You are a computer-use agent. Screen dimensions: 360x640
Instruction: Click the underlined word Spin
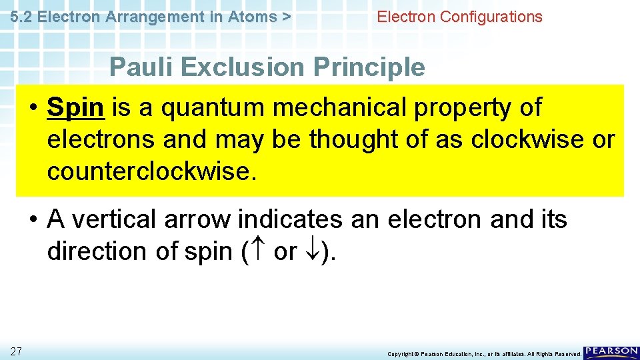point(75,108)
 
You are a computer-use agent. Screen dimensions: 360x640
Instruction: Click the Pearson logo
point(611,352)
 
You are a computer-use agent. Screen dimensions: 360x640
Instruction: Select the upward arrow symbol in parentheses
point(257,252)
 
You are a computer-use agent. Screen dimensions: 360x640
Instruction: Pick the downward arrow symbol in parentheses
point(312,252)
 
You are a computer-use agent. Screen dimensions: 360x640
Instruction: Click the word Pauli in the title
point(139,67)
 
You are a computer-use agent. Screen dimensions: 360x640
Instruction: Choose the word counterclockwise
point(151,172)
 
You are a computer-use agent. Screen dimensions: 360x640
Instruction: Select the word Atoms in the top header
point(252,17)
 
